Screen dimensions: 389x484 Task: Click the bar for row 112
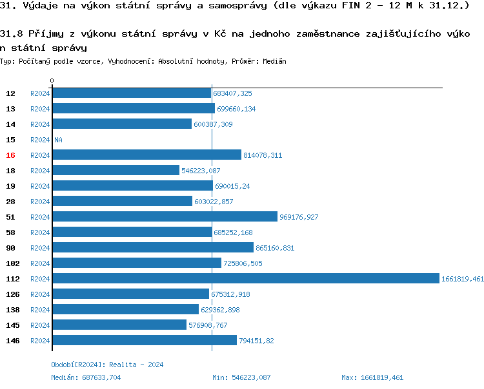245,279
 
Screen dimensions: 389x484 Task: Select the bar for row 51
165,217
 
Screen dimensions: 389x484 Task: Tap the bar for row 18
116,171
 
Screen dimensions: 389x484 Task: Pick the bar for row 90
152,248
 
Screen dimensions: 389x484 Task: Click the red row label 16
10,155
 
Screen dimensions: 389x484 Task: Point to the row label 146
12,341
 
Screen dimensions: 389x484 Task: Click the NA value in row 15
58,140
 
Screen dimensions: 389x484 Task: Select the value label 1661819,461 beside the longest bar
462,279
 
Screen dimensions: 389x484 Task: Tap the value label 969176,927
299,217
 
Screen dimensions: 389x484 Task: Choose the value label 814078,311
263,155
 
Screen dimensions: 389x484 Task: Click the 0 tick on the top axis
52,81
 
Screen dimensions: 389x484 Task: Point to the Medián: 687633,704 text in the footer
86,377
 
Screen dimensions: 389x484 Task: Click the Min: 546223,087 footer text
241,377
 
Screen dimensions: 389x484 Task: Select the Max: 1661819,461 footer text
372,377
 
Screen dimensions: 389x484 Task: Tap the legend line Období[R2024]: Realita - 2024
107,365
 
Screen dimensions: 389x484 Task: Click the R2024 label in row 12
40,93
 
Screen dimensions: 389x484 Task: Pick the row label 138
12,310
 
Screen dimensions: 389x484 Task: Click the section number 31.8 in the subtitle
12,33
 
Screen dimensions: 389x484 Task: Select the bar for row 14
122,124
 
